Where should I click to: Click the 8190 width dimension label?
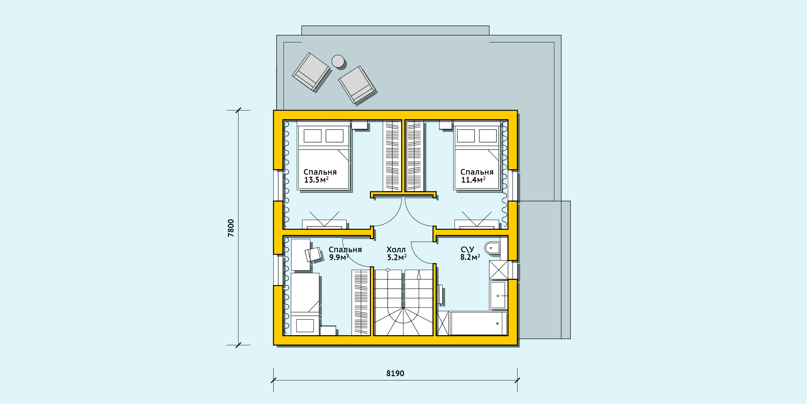pyautogui.click(x=395, y=374)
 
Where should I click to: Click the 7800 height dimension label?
pyautogui.click(x=231, y=228)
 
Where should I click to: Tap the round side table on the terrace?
pyautogui.click(x=338, y=61)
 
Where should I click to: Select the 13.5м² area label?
pyautogui.click(x=316, y=180)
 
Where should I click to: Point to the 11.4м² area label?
pyautogui.click(x=473, y=180)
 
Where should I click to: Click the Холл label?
pyautogui.click(x=396, y=250)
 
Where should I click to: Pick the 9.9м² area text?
pyautogui.click(x=339, y=257)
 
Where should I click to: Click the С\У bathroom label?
pyautogui.click(x=467, y=250)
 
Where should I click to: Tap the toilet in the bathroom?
pyautogui.click(x=492, y=248)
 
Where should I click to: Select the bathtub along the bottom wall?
pyautogui.click(x=478, y=324)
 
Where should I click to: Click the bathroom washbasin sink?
pyautogui.click(x=498, y=295)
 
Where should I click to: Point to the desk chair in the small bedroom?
pyautogui.click(x=313, y=255)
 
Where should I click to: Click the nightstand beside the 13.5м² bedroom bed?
pyautogui.click(x=359, y=125)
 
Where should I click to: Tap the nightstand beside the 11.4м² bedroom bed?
pyautogui.click(x=445, y=125)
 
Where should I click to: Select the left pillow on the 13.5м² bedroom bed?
pyautogui.click(x=312, y=136)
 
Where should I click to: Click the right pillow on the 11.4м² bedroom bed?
pyautogui.click(x=488, y=136)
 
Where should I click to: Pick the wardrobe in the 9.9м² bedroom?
pyautogui.click(x=361, y=303)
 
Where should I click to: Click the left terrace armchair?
pyautogui.click(x=311, y=71)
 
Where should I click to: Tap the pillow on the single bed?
pyautogui.click(x=305, y=325)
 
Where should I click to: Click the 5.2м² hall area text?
pyautogui.click(x=397, y=257)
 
